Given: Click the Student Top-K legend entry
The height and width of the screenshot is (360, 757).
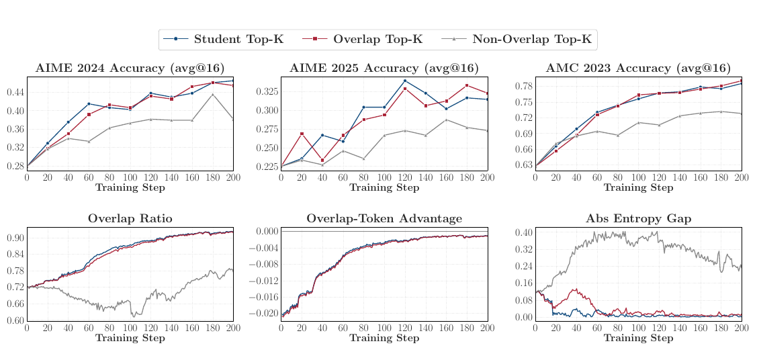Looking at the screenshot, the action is coord(224,40).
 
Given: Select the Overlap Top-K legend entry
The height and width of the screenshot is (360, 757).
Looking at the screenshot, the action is coord(363,40).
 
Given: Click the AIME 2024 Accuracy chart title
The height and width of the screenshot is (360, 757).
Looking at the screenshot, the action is coord(130,69).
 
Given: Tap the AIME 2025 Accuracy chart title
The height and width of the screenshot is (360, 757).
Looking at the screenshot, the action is coord(384,69).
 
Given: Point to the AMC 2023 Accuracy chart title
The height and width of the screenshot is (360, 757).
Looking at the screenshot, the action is coord(638,69).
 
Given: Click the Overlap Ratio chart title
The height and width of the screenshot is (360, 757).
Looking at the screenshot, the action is coord(130,218).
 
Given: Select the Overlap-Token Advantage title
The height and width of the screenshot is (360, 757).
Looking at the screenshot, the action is coord(384,218).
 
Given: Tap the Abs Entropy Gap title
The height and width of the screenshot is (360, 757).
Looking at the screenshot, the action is coord(638,218).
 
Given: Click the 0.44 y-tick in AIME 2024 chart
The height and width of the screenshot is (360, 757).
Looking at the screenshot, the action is coord(15,92).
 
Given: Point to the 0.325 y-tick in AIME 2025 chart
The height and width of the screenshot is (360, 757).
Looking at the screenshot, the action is coord(266,92).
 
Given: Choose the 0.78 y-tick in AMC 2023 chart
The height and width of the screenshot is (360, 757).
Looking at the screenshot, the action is coord(523,87).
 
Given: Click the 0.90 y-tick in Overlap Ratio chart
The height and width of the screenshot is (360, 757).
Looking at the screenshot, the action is coord(15,238).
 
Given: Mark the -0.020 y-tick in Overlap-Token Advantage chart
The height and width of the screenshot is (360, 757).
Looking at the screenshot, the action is coord(264,313).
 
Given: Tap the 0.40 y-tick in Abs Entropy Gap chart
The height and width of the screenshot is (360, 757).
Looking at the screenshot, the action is coord(523,232).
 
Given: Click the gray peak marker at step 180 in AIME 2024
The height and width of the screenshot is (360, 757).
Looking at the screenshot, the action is coord(213,95).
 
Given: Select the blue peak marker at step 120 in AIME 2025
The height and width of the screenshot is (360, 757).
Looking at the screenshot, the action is coord(405,81).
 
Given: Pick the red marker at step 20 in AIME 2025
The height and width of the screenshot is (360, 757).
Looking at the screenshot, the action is coord(302,134).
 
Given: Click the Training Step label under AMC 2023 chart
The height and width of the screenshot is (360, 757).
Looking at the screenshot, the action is coord(638,187).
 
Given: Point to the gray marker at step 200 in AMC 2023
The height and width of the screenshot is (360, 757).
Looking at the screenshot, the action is coord(742,114).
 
